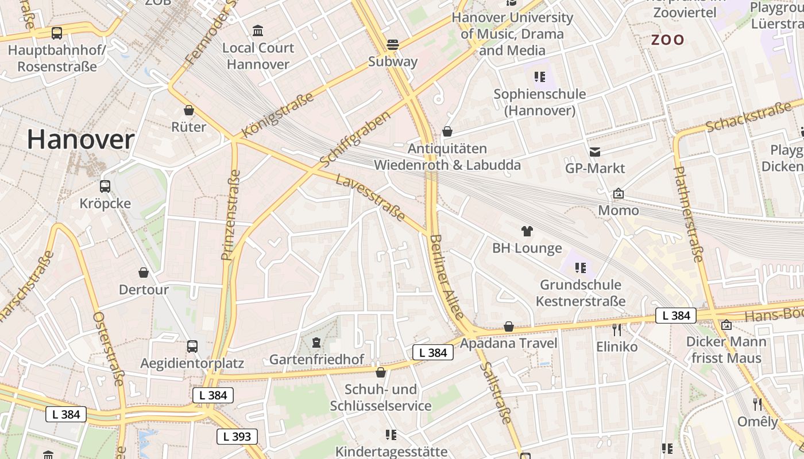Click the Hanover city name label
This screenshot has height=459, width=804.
pyautogui.click(x=80, y=140)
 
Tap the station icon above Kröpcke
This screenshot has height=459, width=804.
pyautogui.click(x=105, y=186)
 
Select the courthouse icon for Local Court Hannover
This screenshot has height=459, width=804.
pyautogui.click(x=258, y=30)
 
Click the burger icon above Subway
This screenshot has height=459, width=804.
pyautogui.click(x=393, y=44)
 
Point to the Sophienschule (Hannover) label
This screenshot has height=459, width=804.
pyautogui.click(x=540, y=102)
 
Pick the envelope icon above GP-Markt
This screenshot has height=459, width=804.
pyautogui.click(x=594, y=152)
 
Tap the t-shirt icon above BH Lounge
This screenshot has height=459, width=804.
pyautogui.click(x=527, y=231)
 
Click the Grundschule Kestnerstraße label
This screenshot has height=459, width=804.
pyautogui.click(x=581, y=293)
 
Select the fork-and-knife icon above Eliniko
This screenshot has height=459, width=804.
pyautogui.click(x=617, y=330)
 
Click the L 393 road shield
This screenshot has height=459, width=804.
pyautogui.click(x=237, y=437)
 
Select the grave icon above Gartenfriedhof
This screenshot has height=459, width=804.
pyautogui.click(x=316, y=343)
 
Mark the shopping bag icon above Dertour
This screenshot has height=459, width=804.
pyautogui.click(x=144, y=273)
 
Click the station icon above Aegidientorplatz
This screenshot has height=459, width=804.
pyautogui.click(x=192, y=347)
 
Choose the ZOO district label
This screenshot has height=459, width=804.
pyautogui.click(x=667, y=40)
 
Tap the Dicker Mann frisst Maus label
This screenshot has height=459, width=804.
pyautogui.click(x=726, y=350)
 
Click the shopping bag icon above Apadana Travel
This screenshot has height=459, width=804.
pyautogui.click(x=508, y=327)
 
